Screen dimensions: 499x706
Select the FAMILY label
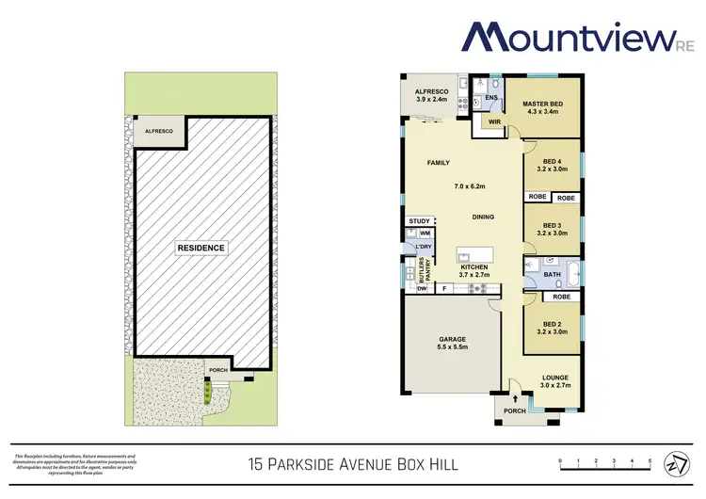[439, 163]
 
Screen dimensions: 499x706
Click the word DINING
[483, 217]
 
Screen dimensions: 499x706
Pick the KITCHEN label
[473, 268]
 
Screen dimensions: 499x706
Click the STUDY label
[419, 222]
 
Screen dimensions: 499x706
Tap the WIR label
[493, 121]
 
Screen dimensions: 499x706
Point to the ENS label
[490, 97]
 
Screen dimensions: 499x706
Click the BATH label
[553, 276]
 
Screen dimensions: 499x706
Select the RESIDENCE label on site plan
[201, 249]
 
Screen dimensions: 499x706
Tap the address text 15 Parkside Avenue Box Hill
[353, 463]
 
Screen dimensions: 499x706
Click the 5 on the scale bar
[650, 461]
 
